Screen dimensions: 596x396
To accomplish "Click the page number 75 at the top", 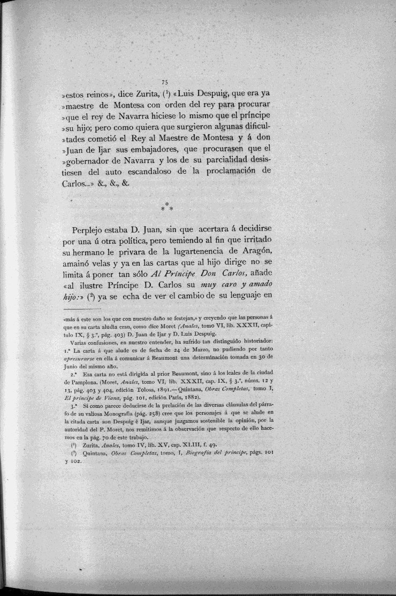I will [165, 82].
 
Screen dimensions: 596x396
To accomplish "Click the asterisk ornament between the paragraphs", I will [167, 205].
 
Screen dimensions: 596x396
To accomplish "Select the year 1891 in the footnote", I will [167, 392].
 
